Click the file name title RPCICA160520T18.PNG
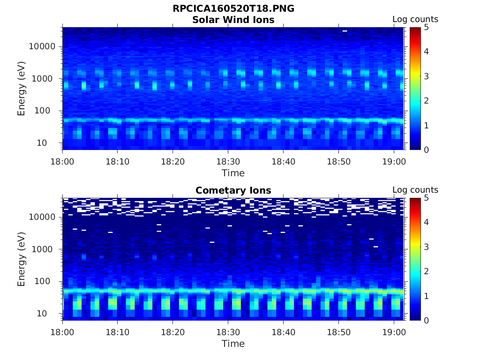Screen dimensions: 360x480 [x=233, y=9]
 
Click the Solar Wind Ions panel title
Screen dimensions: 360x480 [x=233, y=20]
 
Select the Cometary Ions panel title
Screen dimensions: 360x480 [x=233, y=190]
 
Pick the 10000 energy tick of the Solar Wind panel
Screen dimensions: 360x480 [x=43, y=46]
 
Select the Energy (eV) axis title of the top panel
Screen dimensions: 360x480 [x=22, y=89]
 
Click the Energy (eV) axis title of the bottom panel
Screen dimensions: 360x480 [x=22, y=259]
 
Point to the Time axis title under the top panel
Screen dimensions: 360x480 [x=233, y=173]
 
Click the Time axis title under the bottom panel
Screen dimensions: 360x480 [x=233, y=344]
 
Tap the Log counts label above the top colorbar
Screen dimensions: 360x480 [x=415, y=20]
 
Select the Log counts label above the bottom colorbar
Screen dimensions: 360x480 [x=415, y=190]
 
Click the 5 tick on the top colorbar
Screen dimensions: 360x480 [x=426, y=27]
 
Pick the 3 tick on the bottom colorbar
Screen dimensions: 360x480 [x=426, y=247]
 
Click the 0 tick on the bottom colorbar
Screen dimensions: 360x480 [x=426, y=320]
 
